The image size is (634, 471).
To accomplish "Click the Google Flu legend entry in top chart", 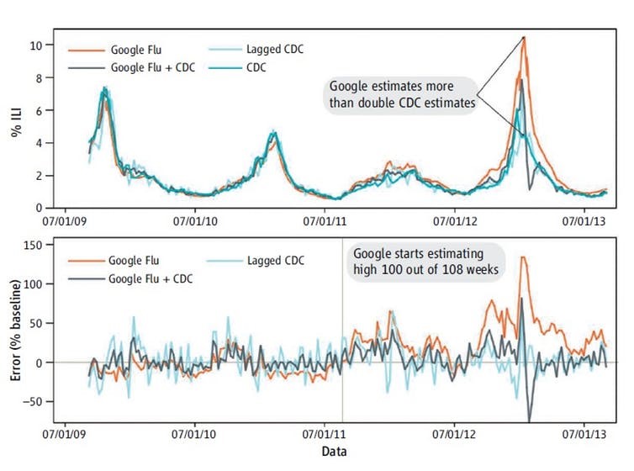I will tap(133, 49).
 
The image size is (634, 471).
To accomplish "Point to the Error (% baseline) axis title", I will tap(16, 334).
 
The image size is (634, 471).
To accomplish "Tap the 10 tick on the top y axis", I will tap(36, 45).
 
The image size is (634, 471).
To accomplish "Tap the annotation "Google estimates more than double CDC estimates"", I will tap(402, 94).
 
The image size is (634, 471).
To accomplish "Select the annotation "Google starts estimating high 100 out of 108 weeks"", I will tap(425, 261).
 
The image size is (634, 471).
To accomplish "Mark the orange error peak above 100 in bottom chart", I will tap(523, 257).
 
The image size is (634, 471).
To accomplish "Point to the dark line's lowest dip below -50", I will tap(530, 420).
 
